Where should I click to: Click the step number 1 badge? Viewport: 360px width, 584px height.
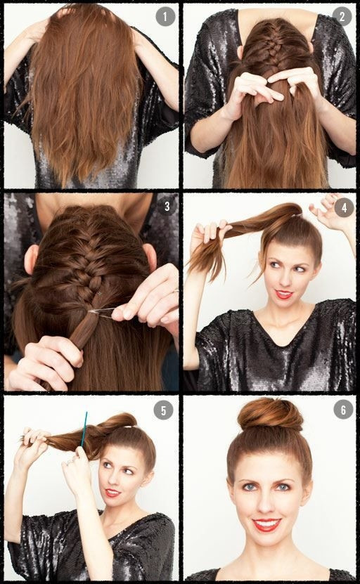165,16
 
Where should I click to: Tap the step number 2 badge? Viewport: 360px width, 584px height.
342,16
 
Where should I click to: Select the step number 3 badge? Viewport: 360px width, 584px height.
167,206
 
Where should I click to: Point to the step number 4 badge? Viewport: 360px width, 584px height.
344,207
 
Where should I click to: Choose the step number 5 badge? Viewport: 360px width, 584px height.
163,410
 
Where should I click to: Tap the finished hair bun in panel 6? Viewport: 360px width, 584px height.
270,414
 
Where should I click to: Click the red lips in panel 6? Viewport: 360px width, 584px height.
266,525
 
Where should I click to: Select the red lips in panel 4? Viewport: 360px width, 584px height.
284,294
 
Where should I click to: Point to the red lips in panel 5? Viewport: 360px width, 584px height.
112,493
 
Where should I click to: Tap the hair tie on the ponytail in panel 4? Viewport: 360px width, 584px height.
296,215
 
